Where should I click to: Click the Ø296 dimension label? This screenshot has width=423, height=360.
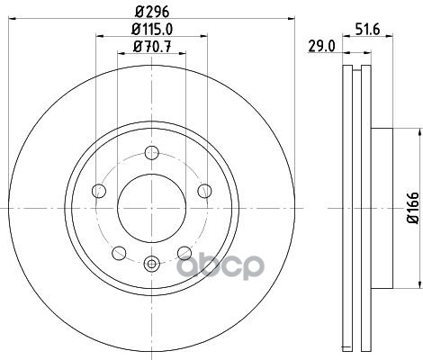point(152,12)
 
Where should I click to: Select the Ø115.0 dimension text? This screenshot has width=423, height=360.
point(152,29)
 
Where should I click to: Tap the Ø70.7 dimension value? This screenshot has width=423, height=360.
point(152,46)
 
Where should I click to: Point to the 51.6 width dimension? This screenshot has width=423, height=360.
point(367,30)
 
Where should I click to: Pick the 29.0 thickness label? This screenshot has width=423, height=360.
point(320,47)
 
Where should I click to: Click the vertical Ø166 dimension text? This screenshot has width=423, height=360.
point(413,208)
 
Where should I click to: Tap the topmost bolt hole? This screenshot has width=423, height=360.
point(151,153)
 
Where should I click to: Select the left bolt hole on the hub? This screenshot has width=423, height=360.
point(99,191)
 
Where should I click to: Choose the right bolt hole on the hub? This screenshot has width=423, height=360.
point(204,191)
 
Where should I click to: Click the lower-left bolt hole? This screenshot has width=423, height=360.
point(119,253)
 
